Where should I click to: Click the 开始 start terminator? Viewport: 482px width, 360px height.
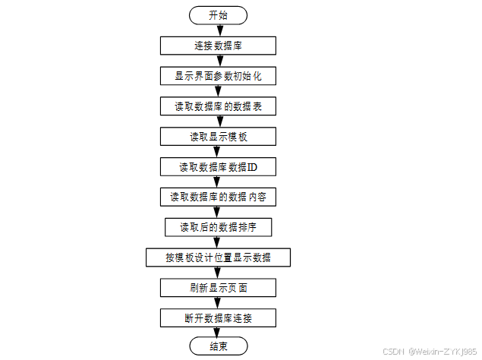218,15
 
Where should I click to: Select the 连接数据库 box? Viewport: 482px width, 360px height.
218,46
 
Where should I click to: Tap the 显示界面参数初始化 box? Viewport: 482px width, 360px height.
218,76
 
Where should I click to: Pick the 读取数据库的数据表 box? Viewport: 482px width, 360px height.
218,106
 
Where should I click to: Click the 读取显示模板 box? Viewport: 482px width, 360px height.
218,137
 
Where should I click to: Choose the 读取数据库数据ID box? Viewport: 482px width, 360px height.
218,166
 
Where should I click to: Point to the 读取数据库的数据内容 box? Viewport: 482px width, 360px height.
218,197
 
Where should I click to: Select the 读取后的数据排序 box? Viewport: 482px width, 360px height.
218,227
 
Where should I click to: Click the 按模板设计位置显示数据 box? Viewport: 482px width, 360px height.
218,257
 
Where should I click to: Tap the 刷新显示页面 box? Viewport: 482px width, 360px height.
218,288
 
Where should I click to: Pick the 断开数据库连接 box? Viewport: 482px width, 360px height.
218,317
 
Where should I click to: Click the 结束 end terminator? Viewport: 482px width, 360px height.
218,346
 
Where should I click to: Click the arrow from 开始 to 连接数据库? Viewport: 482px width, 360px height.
218,30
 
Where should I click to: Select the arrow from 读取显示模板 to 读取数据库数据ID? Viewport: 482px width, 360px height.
218,151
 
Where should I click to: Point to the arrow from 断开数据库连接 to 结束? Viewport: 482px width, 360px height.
218,332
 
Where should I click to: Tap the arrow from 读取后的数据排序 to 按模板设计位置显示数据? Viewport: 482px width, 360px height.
218,242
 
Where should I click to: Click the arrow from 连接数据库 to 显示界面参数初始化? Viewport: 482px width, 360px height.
218,61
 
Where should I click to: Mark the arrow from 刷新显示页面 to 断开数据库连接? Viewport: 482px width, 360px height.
218,302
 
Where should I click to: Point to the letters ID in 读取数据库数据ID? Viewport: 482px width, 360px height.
253,166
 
